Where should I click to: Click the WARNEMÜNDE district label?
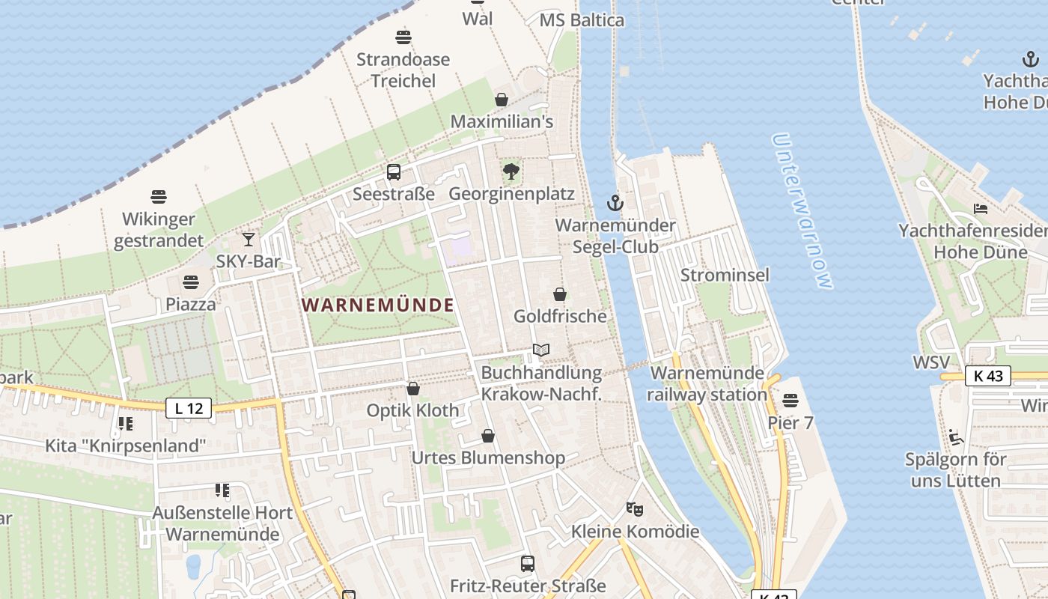point(378,305)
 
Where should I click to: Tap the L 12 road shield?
point(189,408)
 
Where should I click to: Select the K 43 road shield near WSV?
point(988,376)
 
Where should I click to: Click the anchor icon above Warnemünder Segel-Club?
point(615,203)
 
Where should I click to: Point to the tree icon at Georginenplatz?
point(511,171)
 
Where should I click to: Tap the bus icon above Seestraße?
point(394,172)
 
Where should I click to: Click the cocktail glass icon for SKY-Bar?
point(248,240)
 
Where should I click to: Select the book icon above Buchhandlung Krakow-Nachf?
point(541,350)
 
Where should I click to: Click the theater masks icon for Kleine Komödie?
point(635,509)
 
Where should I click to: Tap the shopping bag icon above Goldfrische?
point(560,294)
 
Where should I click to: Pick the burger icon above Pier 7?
point(790,401)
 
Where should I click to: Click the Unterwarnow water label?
point(802,211)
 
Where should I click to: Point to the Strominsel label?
point(725,275)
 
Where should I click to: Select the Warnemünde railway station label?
point(707,383)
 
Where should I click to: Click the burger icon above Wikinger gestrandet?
point(159,197)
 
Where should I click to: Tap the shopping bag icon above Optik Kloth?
point(413,389)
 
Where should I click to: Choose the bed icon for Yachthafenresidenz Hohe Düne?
point(981,208)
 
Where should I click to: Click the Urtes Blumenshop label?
point(488,457)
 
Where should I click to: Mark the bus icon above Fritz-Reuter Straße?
point(528,563)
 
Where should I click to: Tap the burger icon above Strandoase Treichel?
point(403,37)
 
